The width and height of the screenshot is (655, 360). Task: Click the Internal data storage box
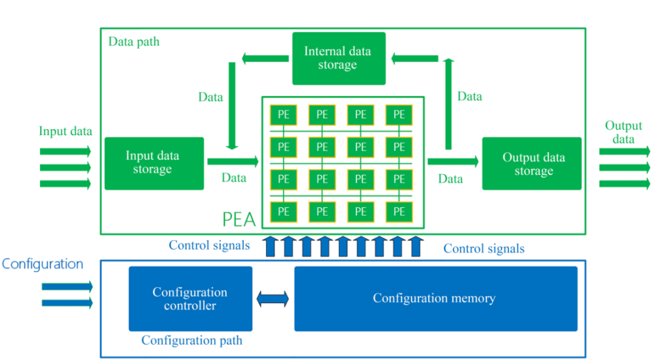point(338,58)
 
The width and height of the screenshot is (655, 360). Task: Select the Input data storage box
point(154,163)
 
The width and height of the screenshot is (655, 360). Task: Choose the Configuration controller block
point(190,299)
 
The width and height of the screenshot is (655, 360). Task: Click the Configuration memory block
point(434,299)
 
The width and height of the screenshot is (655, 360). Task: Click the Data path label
point(134,42)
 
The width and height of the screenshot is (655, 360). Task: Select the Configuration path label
point(192,341)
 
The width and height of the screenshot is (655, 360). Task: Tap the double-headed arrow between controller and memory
point(273,299)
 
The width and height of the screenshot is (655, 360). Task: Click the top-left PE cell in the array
point(283,114)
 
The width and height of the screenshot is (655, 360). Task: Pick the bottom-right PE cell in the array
point(399,212)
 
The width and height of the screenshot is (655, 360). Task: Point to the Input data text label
point(65,132)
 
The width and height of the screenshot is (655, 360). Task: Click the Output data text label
point(623,132)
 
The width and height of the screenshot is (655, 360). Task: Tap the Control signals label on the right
point(484,248)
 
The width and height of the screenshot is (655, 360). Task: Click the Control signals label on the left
point(209,245)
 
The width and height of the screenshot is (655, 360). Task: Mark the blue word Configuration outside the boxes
point(42,264)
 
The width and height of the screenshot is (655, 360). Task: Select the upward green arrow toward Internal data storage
point(448,104)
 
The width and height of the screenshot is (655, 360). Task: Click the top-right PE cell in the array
point(399,114)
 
